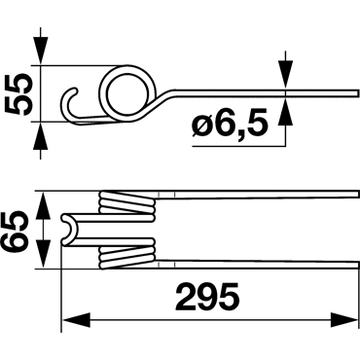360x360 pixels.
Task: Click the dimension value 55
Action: pos(18,94)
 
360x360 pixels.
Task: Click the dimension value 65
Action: pos(14,231)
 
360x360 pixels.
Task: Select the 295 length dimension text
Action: pos(207,296)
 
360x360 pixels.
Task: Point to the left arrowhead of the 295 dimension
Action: pos(76,320)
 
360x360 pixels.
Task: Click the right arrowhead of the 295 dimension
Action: pos(344,320)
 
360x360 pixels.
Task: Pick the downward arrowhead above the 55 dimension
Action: pos(41,52)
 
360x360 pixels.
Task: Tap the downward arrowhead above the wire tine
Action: pos(285,74)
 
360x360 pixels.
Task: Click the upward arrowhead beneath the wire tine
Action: pos(285,111)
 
